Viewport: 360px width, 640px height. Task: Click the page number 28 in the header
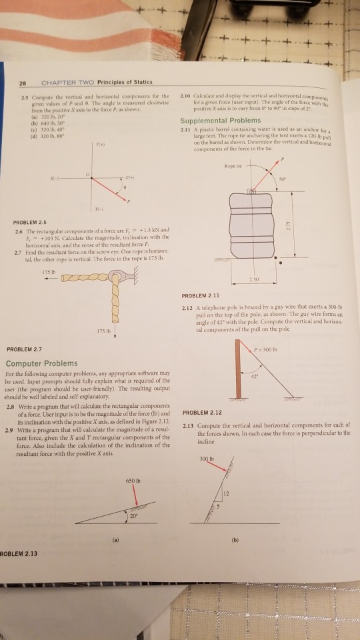pyautogui.click(x=23, y=83)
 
